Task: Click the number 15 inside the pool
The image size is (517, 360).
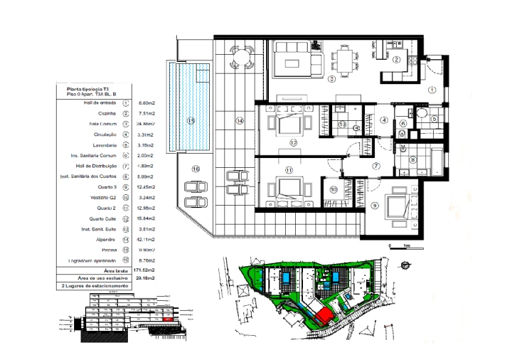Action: [x=190, y=121]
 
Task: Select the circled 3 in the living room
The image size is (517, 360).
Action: [x=331, y=79]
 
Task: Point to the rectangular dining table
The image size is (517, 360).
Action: [x=346, y=58]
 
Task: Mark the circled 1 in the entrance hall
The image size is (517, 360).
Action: [x=432, y=90]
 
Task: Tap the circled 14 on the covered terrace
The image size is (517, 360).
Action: [x=240, y=122]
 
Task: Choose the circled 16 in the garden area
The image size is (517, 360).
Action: [x=196, y=169]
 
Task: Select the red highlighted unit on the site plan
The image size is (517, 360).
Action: [x=324, y=314]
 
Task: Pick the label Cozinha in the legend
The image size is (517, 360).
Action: [x=107, y=113]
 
